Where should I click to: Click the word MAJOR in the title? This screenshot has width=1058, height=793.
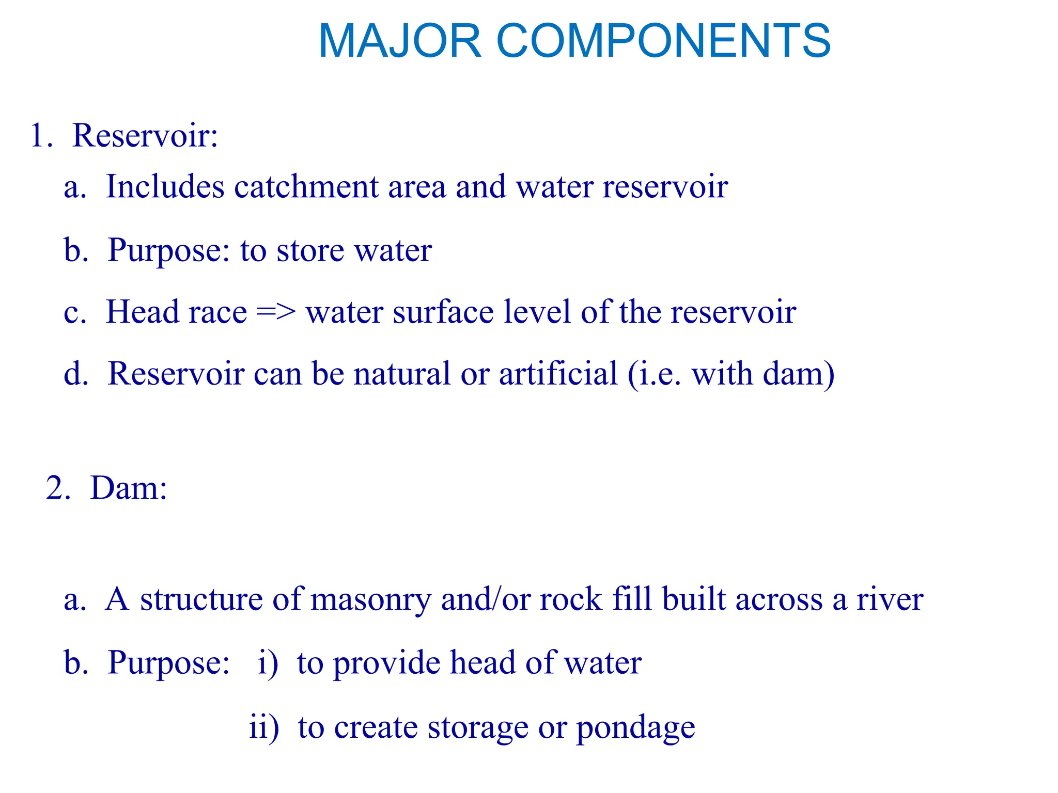[x=400, y=41]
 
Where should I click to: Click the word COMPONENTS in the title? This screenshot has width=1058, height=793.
[x=663, y=41]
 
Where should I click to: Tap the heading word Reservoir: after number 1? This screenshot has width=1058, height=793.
[x=145, y=136]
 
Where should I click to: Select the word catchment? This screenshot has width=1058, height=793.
[x=306, y=186]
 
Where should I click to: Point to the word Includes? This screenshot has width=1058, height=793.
[x=165, y=186]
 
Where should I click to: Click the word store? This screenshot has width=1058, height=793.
[x=310, y=251]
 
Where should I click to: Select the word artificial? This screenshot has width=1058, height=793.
[x=558, y=374]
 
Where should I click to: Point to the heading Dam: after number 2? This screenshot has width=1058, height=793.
[x=129, y=488]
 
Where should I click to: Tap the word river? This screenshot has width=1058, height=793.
[x=890, y=600]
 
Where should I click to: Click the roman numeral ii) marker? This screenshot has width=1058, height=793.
[x=264, y=727]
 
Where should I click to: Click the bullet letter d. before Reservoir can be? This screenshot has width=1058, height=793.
[x=76, y=374]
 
